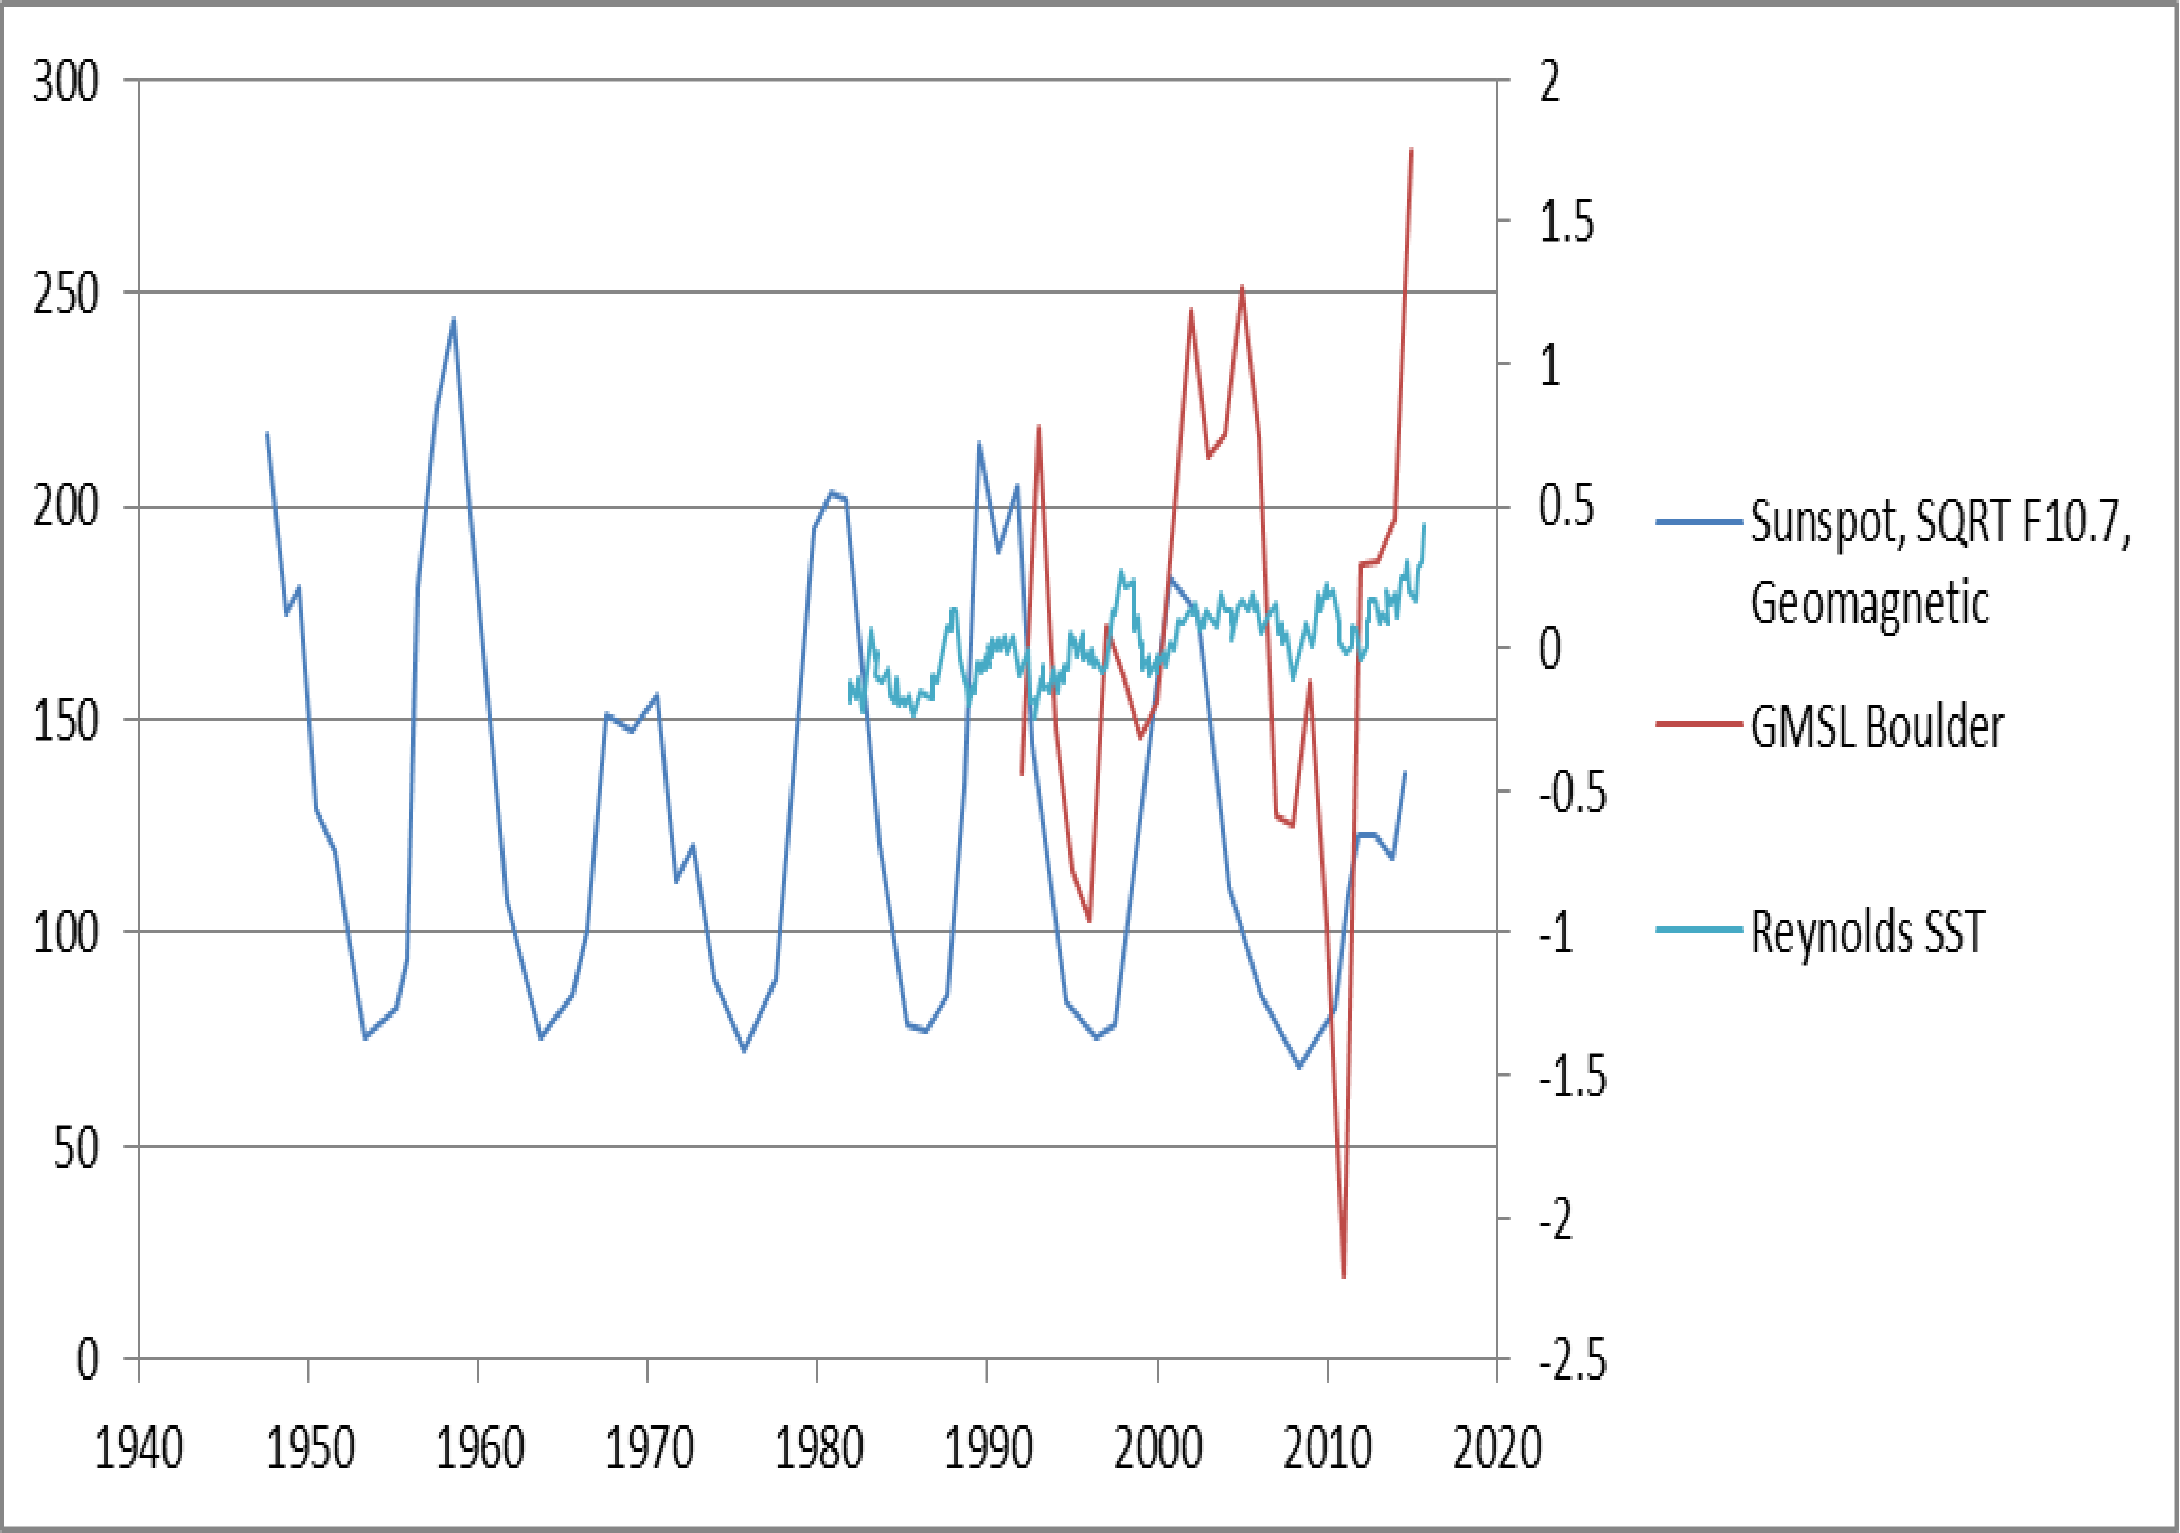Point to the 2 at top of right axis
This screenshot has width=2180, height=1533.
point(1550,82)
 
